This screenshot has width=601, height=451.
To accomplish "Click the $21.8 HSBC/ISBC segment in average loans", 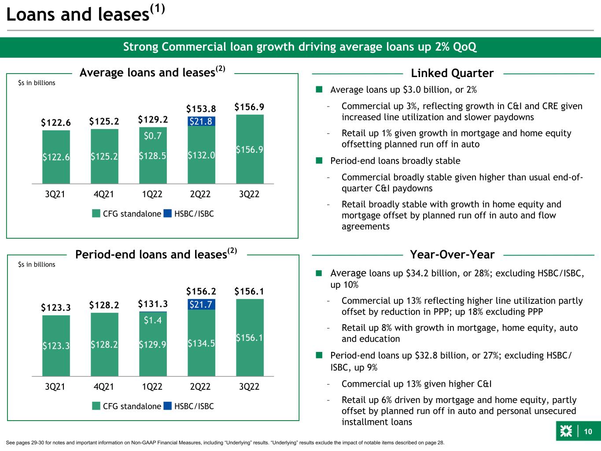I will point(201,121).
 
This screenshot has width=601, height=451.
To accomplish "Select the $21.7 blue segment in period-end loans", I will point(201,304).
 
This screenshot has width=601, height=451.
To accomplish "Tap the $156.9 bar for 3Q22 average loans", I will point(250,149).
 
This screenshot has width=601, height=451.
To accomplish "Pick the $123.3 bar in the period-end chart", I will point(56,346).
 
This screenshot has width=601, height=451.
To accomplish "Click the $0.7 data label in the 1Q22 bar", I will point(153,137).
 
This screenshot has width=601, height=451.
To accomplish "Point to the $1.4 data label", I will point(153,321).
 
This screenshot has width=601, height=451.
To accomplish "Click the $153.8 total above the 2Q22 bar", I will point(201,109).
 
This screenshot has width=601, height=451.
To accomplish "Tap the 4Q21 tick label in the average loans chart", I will point(104,194).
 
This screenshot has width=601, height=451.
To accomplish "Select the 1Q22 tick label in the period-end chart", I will point(152,387).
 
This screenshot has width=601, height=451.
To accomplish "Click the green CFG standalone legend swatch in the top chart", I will point(96,214).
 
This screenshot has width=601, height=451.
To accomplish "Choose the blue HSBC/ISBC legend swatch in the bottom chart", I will point(167,406).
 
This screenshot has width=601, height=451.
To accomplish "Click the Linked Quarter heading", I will point(452,73).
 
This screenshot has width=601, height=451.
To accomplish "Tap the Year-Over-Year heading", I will point(452,255).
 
